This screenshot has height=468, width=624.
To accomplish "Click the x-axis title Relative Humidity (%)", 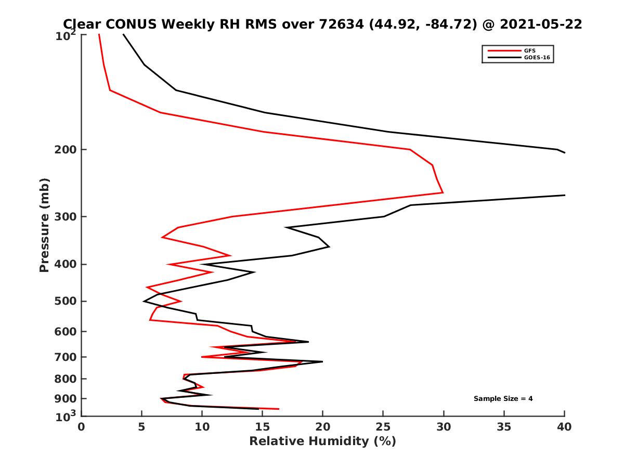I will pyautogui.click(x=322, y=441).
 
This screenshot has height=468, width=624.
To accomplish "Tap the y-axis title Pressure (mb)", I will pyautogui.click(x=44, y=225).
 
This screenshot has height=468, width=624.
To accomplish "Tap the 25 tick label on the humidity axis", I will pyautogui.click(x=383, y=427).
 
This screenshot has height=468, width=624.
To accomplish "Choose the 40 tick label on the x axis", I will pyautogui.click(x=564, y=427).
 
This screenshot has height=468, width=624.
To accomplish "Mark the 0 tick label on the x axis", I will pyautogui.click(x=82, y=427).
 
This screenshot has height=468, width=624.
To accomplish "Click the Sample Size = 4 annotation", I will pyautogui.click(x=503, y=399).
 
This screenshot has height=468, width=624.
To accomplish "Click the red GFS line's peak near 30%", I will pyautogui.click(x=443, y=192).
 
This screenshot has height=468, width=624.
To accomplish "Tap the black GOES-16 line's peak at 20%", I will pyautogui.click(x=322, y=361).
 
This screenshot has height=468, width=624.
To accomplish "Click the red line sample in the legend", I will pyautogui.click(x=503, y=51).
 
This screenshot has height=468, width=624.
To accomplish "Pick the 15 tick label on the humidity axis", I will pyautogui.click(x=262, y=427).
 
